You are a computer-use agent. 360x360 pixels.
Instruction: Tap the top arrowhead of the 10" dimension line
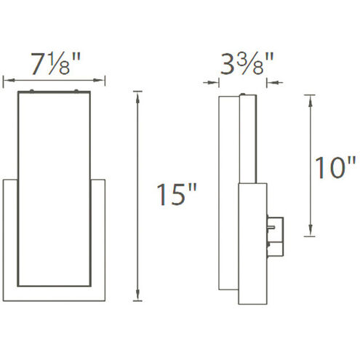(x=310, y=97)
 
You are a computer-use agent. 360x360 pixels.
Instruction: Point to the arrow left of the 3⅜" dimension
(x=215, y=82)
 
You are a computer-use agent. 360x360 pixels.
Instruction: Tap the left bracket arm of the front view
(x=9, y=233)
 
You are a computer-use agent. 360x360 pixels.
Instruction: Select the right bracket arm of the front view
(x=102, y=233)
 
